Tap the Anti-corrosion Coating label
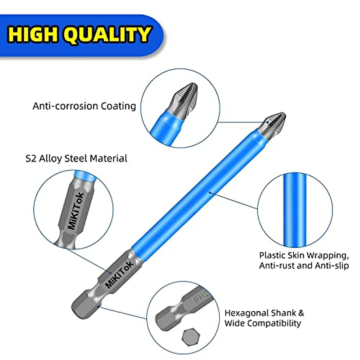(x=84, y=106)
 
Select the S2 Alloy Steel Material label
(x=76, y=158)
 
